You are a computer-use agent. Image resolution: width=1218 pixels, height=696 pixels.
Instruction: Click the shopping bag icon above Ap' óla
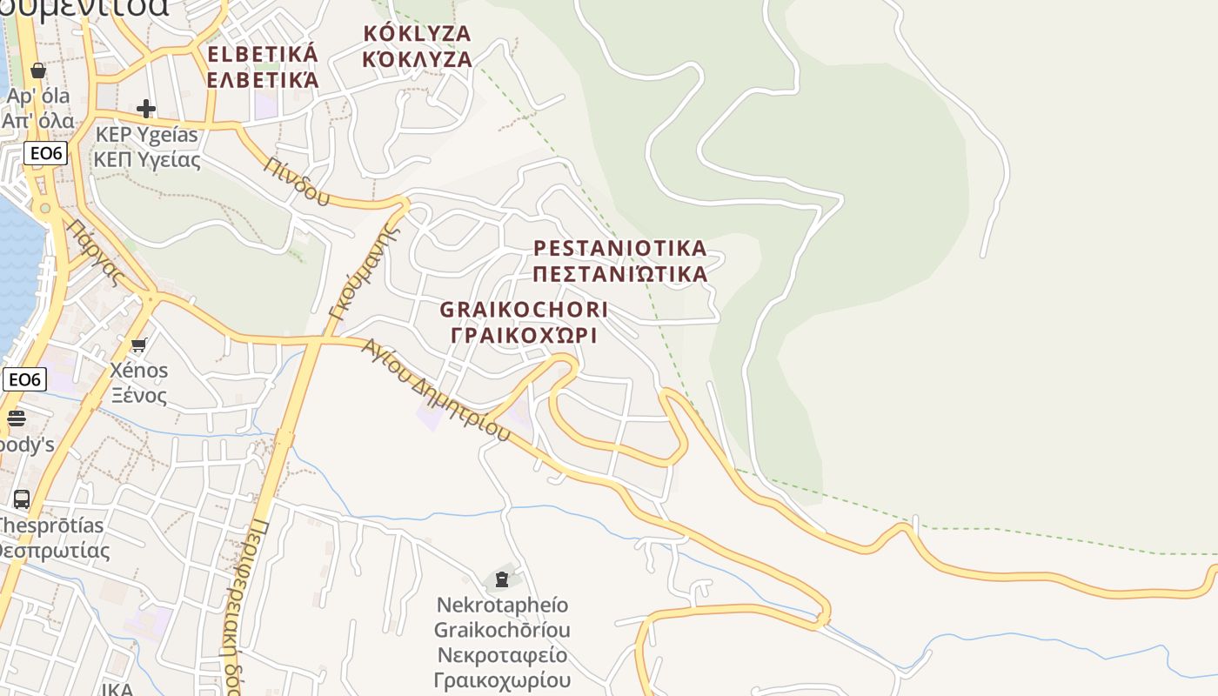tap(37, 70)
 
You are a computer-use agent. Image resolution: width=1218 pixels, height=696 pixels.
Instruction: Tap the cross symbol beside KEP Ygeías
tap(146, 109)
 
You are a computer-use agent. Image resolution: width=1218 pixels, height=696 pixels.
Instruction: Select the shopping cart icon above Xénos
tap(139, 345)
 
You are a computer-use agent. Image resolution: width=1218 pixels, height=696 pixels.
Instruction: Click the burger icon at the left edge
tap(17, 418)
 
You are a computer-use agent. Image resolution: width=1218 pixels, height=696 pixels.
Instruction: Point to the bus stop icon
tap(22, 499)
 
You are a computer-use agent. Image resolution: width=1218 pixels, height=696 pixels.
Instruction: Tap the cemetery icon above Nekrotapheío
tap(501, 579)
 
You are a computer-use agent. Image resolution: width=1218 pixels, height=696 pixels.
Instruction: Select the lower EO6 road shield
tap(24, 379)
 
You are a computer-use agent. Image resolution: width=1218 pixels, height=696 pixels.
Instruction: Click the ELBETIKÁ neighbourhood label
tap(263, 54)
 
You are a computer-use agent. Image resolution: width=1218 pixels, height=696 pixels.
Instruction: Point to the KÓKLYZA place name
tap(417, 34)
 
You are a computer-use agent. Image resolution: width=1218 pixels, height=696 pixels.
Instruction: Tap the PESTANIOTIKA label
tap(619, 248)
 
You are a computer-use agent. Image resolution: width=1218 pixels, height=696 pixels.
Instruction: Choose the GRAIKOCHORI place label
tap(524, 310)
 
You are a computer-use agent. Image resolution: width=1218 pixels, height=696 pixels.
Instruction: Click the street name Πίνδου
tap(298, 181)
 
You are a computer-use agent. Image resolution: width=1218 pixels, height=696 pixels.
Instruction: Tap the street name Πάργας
tap(96, 253)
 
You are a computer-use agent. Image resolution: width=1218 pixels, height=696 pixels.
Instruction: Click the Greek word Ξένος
tap(138, 395)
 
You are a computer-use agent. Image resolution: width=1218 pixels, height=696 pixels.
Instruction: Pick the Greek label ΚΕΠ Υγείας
tap(147, 160)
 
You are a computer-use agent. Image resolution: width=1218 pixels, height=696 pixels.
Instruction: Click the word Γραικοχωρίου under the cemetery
tap(503, 679)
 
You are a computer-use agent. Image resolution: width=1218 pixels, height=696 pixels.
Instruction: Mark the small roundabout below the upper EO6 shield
tap(44, 208)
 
